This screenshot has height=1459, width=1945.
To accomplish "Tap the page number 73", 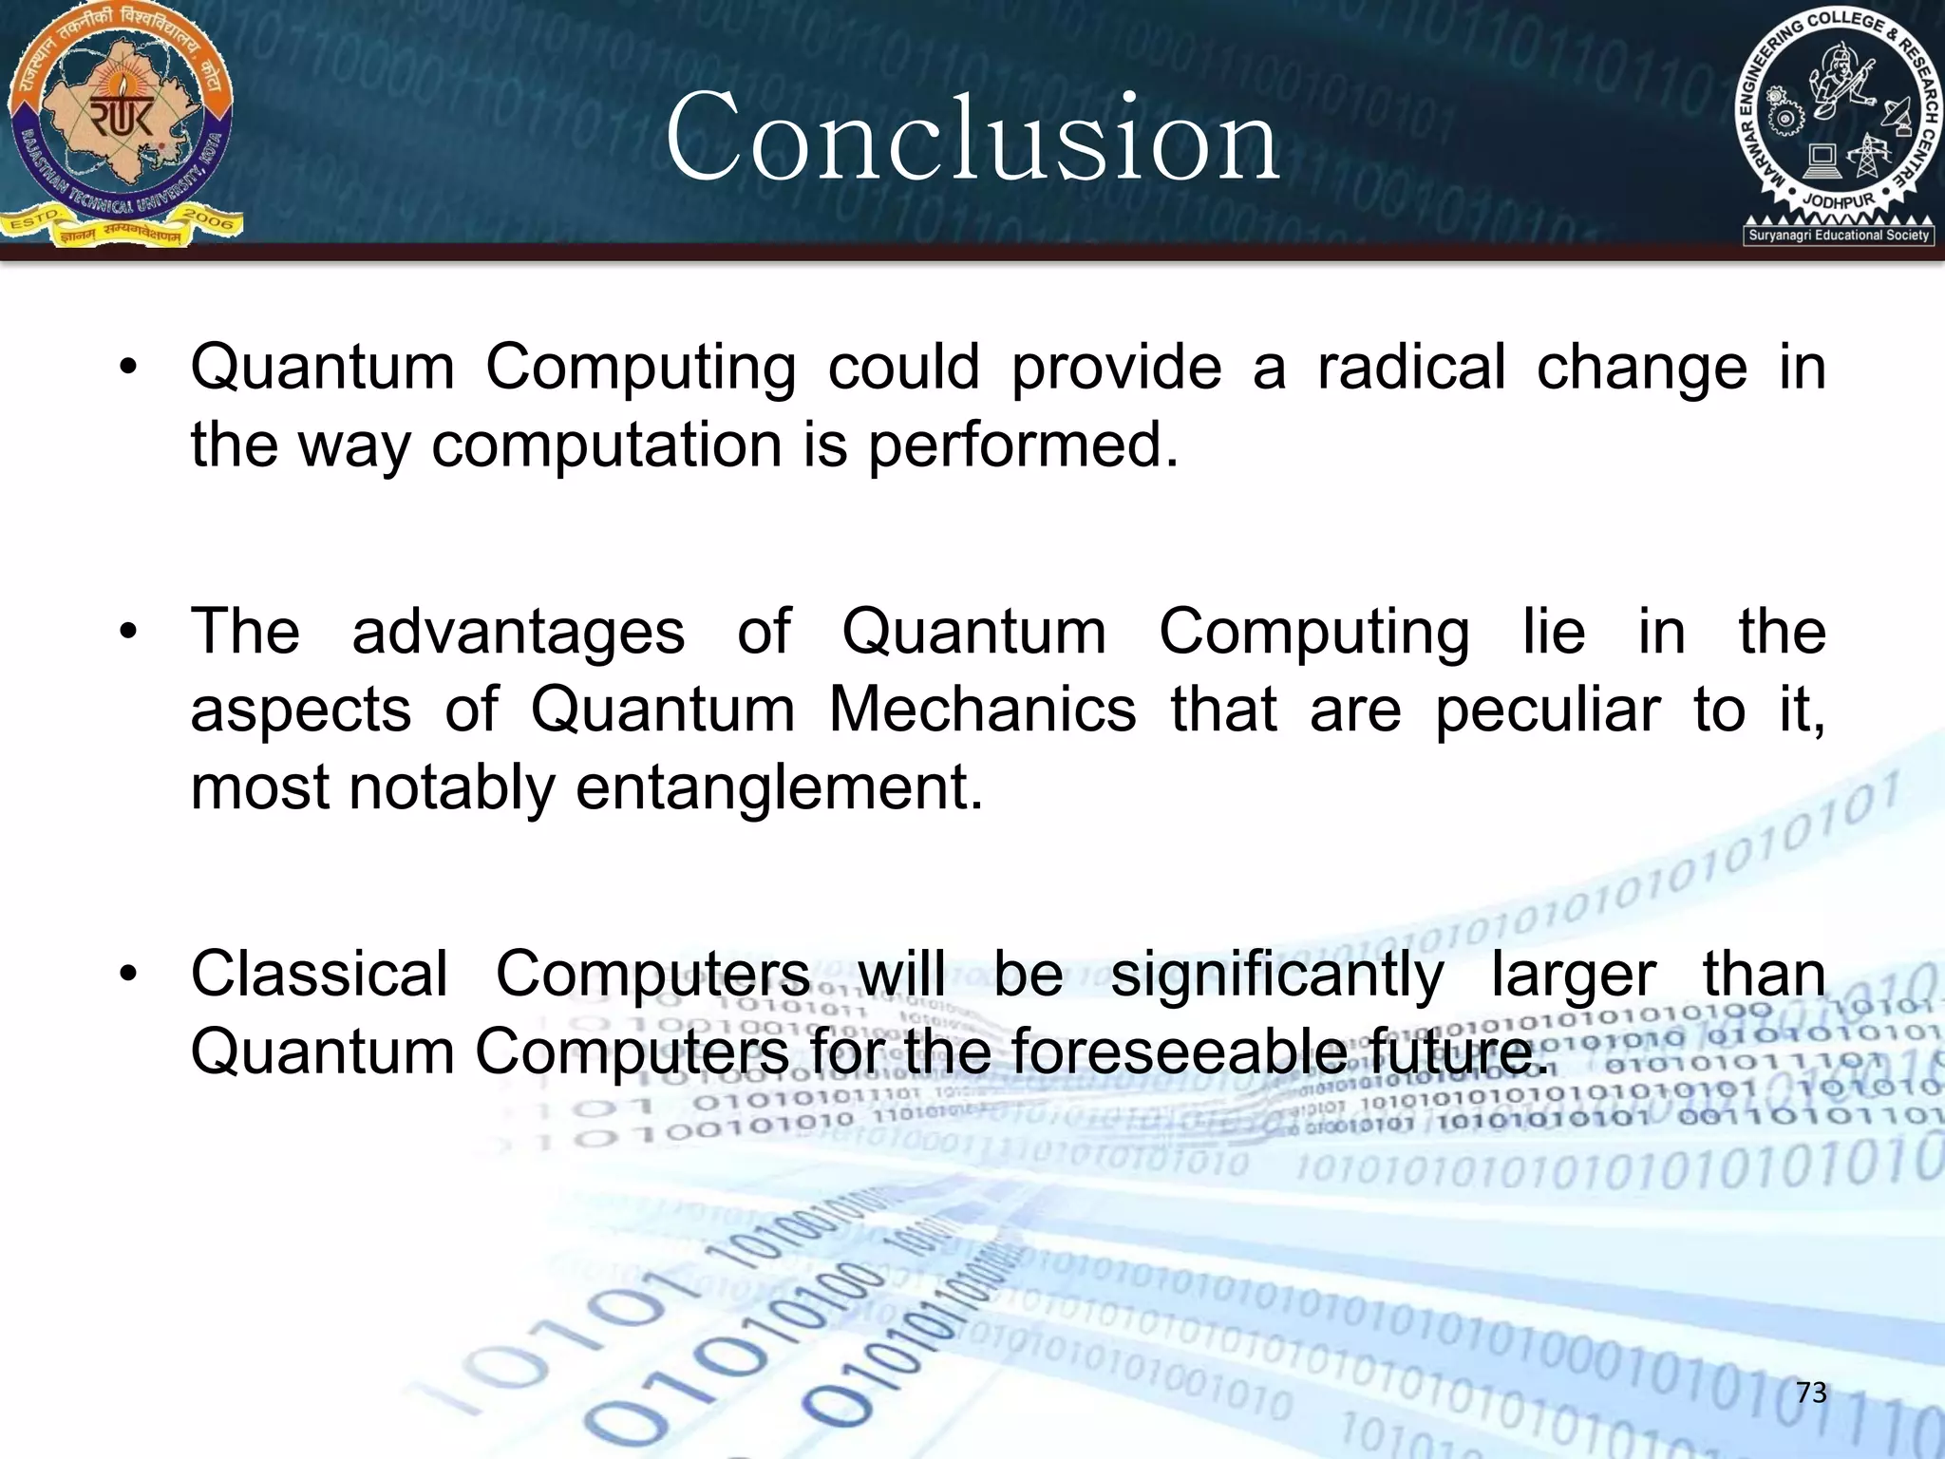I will (x=1811, y=1393).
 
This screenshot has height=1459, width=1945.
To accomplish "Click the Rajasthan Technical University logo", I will (x=122, y=123).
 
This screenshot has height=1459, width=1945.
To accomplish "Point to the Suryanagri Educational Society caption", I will (x=1839, y=236).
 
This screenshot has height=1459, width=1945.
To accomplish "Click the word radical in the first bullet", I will (x=1410, y=368).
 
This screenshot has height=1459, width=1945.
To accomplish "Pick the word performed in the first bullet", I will (x=1022, y=445).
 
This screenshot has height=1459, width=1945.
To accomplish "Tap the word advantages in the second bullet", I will (x=519, y=632).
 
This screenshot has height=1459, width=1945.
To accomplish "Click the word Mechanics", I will (x=982, y=710).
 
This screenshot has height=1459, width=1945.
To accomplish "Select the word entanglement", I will (x=779, y=787).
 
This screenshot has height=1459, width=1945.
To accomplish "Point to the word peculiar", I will (x=1547, y=710).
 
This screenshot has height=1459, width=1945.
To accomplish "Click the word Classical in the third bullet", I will (x=319, y=975).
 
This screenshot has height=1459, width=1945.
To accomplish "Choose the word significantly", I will (x=1276, y=975).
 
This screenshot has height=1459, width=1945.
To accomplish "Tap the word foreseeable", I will (x=1178, y=1052).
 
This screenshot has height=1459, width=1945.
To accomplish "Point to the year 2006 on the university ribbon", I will (x=208, y=219).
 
